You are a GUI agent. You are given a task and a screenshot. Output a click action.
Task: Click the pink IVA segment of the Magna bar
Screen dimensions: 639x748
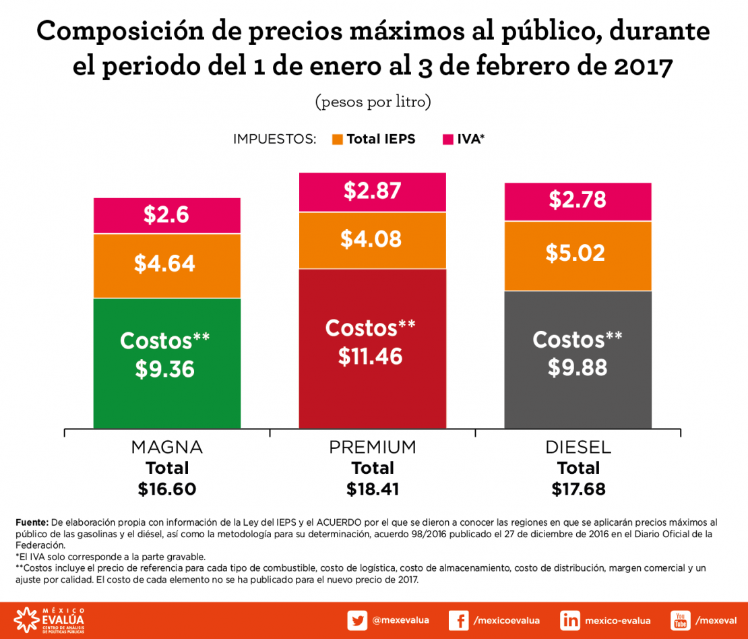coord(166,216)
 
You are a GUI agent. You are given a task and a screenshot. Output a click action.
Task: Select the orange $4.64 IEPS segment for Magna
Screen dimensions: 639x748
coord(166,265)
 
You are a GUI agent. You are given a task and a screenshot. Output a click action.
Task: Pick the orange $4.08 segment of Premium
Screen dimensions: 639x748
coord(372,240)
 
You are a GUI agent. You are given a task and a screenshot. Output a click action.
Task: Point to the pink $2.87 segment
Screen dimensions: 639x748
coord(372,192)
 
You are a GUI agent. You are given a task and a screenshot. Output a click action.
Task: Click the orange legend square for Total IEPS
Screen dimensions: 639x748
coord(338,140)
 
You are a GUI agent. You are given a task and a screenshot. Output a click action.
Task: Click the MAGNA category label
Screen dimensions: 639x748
coord(166,447)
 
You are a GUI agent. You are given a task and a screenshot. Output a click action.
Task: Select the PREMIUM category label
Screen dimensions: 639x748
coord(372,447)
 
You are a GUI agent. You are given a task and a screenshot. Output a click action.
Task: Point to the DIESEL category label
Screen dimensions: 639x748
coord(578,447)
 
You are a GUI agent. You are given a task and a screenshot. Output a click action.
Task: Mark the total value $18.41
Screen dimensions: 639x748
coord(372,489)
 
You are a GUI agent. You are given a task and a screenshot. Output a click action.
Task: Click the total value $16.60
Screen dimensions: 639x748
coord(166,489)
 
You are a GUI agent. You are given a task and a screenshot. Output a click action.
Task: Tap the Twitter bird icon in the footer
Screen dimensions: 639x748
coord(357,620)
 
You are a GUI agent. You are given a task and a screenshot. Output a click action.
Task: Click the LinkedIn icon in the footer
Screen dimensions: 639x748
coord(570,620)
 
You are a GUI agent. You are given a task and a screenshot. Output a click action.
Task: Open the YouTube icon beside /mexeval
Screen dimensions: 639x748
coord(681,620)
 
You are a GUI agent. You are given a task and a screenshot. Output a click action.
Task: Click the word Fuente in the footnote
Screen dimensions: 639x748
coord(32,522)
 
